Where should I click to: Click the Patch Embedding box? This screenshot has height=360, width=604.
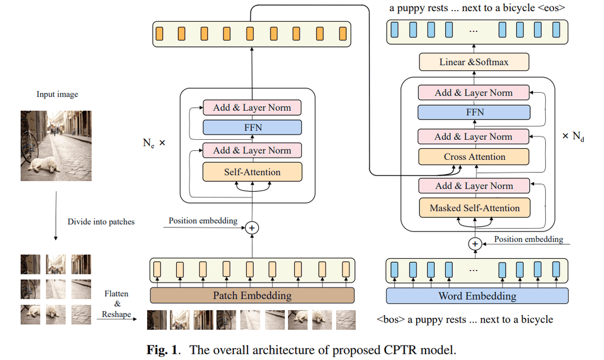[x=252, y=295]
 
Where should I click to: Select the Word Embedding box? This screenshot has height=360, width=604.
[x=477, y=296]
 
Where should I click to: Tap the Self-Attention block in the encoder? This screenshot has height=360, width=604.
[x=252, y=172]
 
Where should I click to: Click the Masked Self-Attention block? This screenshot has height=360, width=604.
[x=474, y=208]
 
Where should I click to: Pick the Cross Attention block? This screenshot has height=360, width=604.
[x=474, y=157]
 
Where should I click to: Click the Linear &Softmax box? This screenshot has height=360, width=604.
[x=474, y=62]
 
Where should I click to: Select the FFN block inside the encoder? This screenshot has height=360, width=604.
[x=252, y=127]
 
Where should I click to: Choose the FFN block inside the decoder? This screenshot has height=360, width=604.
[x=474, y=112]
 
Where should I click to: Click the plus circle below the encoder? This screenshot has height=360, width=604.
[x=252, y=228]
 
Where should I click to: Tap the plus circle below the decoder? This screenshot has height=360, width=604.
[x=475, y=244]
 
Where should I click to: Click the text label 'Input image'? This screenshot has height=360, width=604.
[x=57, y=94]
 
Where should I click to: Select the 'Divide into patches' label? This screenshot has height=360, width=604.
[x=101, y=221]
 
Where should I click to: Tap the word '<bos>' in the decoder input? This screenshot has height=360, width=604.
[x=391, y=320]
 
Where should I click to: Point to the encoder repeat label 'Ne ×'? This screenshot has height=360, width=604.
[x=154, y=143]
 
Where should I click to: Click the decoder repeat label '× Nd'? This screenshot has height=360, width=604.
[x=573, y=136]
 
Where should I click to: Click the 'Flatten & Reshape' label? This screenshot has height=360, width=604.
[x=116, y=304]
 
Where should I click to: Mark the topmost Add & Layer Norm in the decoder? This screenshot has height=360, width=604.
[x=474, y=93]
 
